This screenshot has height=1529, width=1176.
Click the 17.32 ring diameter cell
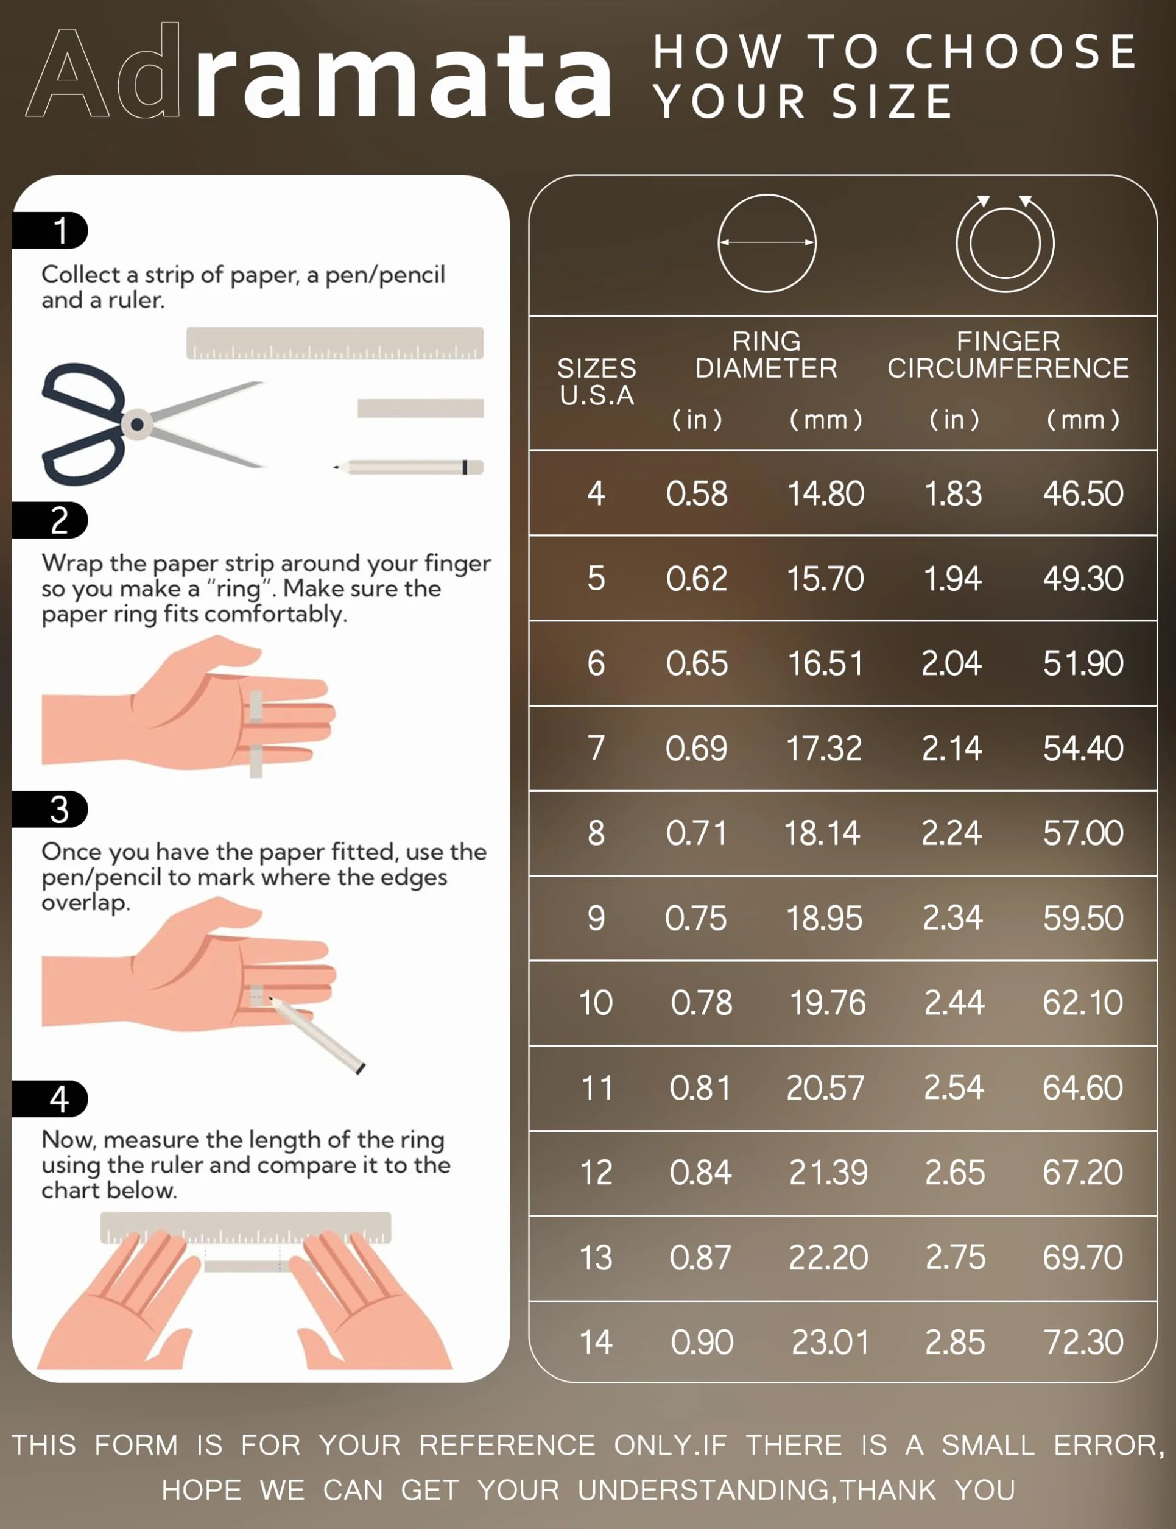[x=824, y=749]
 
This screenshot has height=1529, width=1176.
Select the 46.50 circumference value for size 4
[x=1083, y=493]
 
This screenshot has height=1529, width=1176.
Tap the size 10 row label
[x=596, y=1003]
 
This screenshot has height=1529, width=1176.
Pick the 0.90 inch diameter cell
[x=702, y=1342]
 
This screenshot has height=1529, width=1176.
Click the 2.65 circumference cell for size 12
[x=955, y=1173]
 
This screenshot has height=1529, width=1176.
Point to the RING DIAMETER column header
[x=767, y=355]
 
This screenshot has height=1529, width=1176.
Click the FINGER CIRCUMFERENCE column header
[x=1008, y=355]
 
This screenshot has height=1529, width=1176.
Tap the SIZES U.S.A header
[x=596, y=381]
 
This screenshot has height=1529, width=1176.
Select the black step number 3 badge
[x=51, y=810]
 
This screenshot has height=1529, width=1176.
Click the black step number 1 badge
[x=51, y=230]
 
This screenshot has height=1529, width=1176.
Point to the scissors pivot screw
[x=137, y=424]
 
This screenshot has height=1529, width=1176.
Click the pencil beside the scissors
[x=409, y=467]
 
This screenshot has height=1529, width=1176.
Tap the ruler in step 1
[x=334, y=343]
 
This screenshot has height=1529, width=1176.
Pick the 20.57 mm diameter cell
[x=825, y=1088]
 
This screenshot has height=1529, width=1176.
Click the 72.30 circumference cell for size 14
[x=1083, y=1342]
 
